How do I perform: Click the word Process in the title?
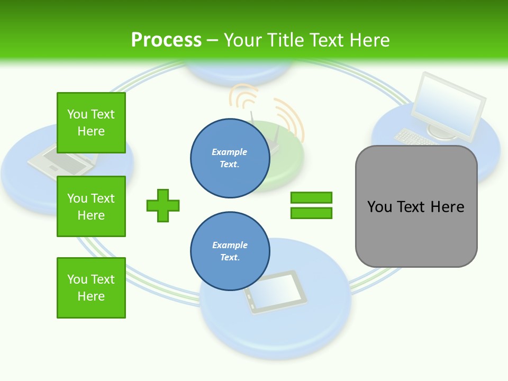(166, 40)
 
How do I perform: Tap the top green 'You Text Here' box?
(91, 123)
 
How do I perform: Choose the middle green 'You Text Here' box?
(91, 206)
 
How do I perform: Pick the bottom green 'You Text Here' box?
(91, 288)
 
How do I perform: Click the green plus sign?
(163, 205)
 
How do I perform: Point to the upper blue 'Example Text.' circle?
(230, 158)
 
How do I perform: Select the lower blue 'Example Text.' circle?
(230, 251)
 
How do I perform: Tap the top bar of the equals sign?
(311, 197)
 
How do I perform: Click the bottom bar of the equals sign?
(311, 213)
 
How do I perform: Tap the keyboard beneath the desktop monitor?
(415, 137)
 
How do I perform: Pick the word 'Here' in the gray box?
(447, 207)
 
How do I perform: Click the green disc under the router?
(286, 169)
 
